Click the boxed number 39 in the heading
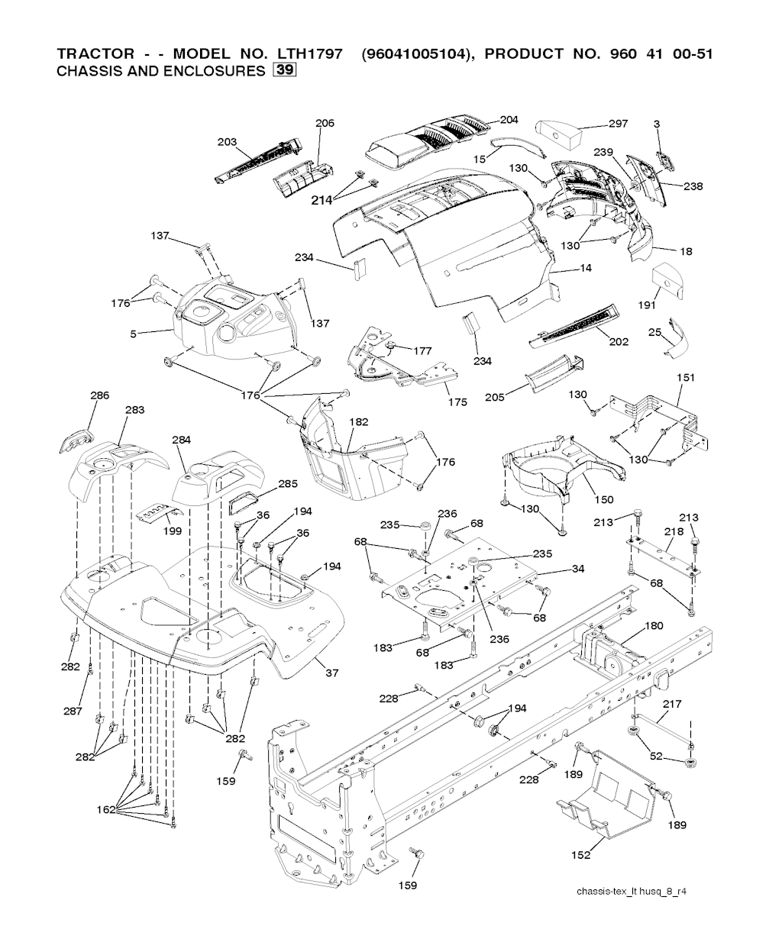[286, 72]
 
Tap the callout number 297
[617, 124]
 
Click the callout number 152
[580, 855]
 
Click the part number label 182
[358, 422]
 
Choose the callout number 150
[603, 499]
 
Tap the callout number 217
[672, 704]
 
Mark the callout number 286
[99, 395]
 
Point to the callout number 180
[654, 625]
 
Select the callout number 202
[619, 341]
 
